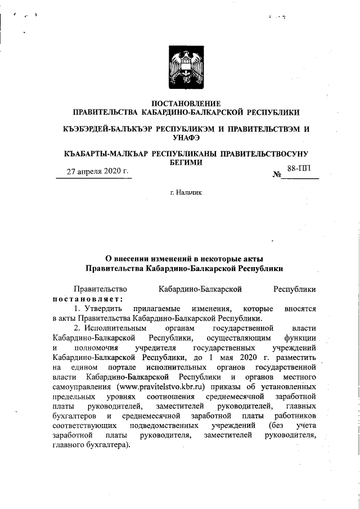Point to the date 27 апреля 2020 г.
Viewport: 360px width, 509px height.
point(94,172)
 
